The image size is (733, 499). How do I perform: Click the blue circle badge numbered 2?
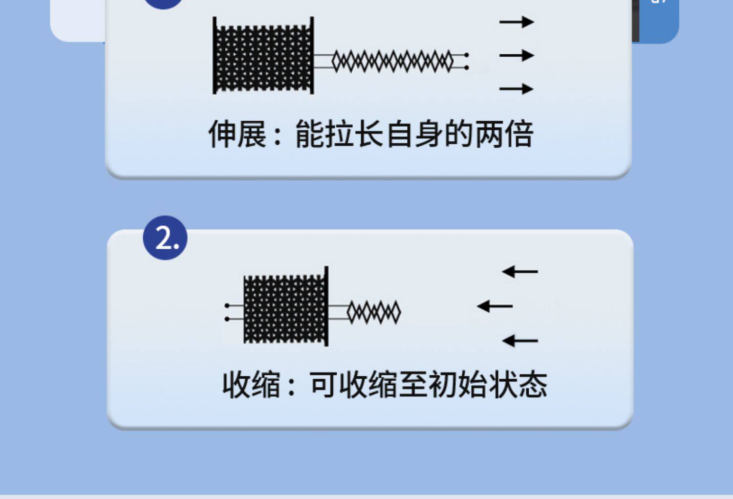165,238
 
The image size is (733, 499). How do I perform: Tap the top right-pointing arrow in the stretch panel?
517,22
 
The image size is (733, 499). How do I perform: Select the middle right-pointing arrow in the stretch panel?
517,56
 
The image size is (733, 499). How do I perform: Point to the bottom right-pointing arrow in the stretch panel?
517,89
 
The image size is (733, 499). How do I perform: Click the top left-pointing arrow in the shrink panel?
520,271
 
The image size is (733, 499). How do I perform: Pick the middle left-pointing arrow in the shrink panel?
495,306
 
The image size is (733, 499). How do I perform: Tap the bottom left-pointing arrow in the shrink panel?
520,341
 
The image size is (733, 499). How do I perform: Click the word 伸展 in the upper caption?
237,134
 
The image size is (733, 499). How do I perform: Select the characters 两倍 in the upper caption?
504,134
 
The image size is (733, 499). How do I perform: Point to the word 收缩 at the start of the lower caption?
251,385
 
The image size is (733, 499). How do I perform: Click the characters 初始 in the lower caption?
458,385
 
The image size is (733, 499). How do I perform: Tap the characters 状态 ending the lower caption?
518,385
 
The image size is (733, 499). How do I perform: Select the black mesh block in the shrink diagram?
285,309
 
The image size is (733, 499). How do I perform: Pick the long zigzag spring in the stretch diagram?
392,62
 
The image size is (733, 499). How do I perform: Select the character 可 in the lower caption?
323,385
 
